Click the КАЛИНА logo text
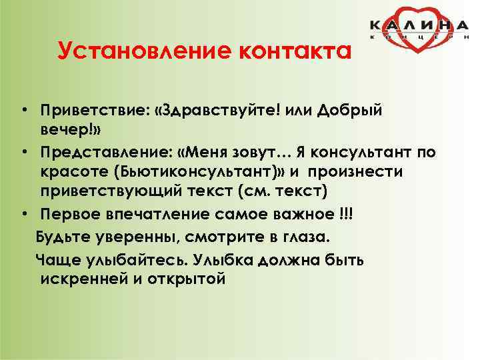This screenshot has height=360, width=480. [x=420, y=25]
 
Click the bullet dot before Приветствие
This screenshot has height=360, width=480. [x=23, y=109]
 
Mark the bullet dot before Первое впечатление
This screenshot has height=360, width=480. [x=23, y=215]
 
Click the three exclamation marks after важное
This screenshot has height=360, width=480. [x=347, y=214]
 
